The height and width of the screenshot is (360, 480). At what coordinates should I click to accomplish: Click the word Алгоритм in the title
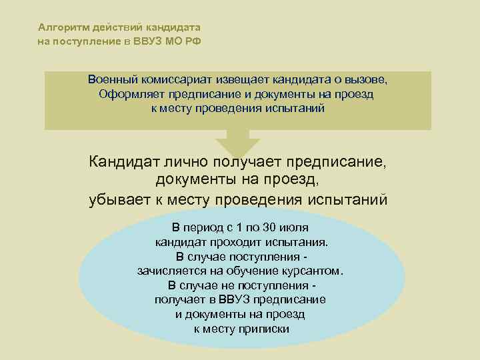tap(59, 28)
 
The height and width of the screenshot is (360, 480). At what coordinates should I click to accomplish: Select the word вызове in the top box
tap(367, 79)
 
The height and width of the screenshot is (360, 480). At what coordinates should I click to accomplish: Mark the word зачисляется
tap(172, 271)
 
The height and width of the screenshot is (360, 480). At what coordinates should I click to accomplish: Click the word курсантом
tap(315, 271)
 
